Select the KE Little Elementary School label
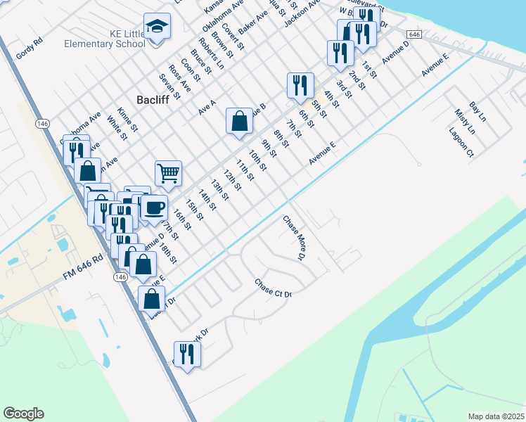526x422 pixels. [104, 39]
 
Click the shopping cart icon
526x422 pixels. [169, 172]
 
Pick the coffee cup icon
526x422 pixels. [154, 207]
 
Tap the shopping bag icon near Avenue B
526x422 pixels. [240, 120]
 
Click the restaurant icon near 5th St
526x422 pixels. [300, 85]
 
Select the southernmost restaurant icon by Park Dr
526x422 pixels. [187, 353]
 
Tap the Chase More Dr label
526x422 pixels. [293, 238]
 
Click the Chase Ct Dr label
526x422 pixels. [273, 288]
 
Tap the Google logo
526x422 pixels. [23, 414]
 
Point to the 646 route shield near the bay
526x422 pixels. [413, 34]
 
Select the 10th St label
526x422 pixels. [257, 160]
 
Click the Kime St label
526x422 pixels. [128, 120]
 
